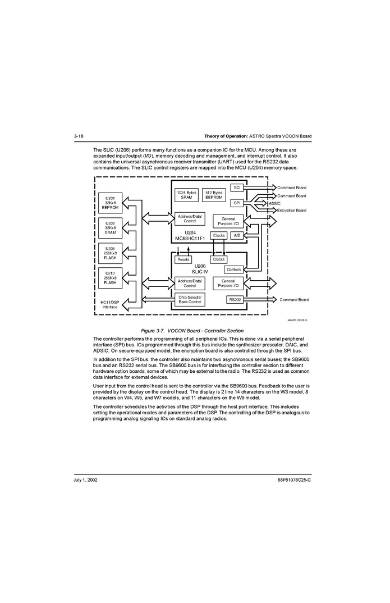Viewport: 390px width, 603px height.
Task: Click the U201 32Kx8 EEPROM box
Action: [x=110, y=203]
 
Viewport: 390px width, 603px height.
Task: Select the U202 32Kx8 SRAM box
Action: [x=110, y=227]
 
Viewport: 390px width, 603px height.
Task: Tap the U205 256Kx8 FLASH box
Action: [x=110, y=253]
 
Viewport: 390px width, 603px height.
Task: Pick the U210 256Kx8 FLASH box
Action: [x=110, y=278]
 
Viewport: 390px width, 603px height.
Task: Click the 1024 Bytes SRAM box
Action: [x=186, y=195]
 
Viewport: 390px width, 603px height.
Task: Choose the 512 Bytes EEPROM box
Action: [x=214, y=195]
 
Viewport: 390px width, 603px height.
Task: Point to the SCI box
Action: [x=237, y=188]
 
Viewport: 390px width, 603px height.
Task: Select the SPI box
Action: [x=237, y=203]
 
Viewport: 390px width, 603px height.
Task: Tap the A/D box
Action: [x=237, y=236]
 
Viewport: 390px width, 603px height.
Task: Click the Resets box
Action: [x=183, y=259]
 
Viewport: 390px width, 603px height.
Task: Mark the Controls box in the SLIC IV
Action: [x=234, y=269]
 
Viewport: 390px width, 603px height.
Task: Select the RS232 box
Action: [x=235, y=300]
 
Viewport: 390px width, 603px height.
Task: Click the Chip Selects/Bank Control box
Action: [x=190, y=300]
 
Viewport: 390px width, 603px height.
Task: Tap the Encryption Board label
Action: [x=292, y=211]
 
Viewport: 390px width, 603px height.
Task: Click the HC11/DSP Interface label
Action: [x=110, y=304]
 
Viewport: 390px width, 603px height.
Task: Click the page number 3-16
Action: [x=79, y=136]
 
